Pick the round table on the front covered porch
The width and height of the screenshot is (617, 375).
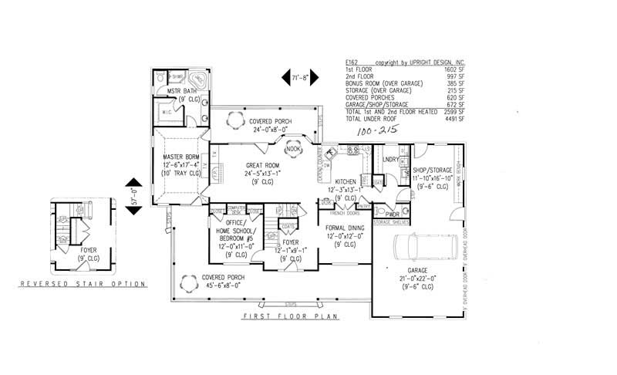tap(187, 282)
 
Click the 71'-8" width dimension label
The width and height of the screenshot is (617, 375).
tap(299, 77)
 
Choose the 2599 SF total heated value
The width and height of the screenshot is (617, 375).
tap(454, 112)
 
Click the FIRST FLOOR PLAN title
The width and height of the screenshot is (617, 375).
tap(292, 316)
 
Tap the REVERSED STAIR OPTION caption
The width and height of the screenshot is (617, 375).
tap(83, 284)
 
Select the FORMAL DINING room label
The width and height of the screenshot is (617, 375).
tap(344, 228)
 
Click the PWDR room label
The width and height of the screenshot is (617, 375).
tap(393, 214)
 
